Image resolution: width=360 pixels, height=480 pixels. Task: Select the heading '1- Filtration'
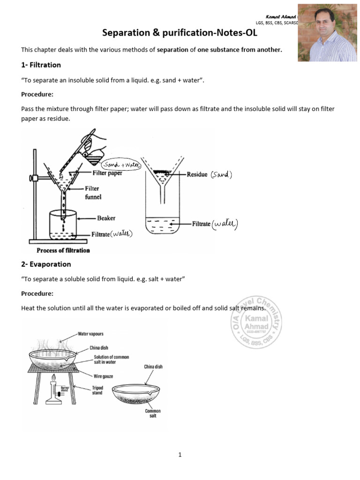41,65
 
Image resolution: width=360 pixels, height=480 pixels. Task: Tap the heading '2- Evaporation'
46,264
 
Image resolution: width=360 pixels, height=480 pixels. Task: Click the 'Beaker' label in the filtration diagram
106,218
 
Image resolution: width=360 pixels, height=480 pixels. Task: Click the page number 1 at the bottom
180,455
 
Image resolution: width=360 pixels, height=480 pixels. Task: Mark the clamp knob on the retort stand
33,178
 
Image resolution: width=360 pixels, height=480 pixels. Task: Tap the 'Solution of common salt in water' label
108,360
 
